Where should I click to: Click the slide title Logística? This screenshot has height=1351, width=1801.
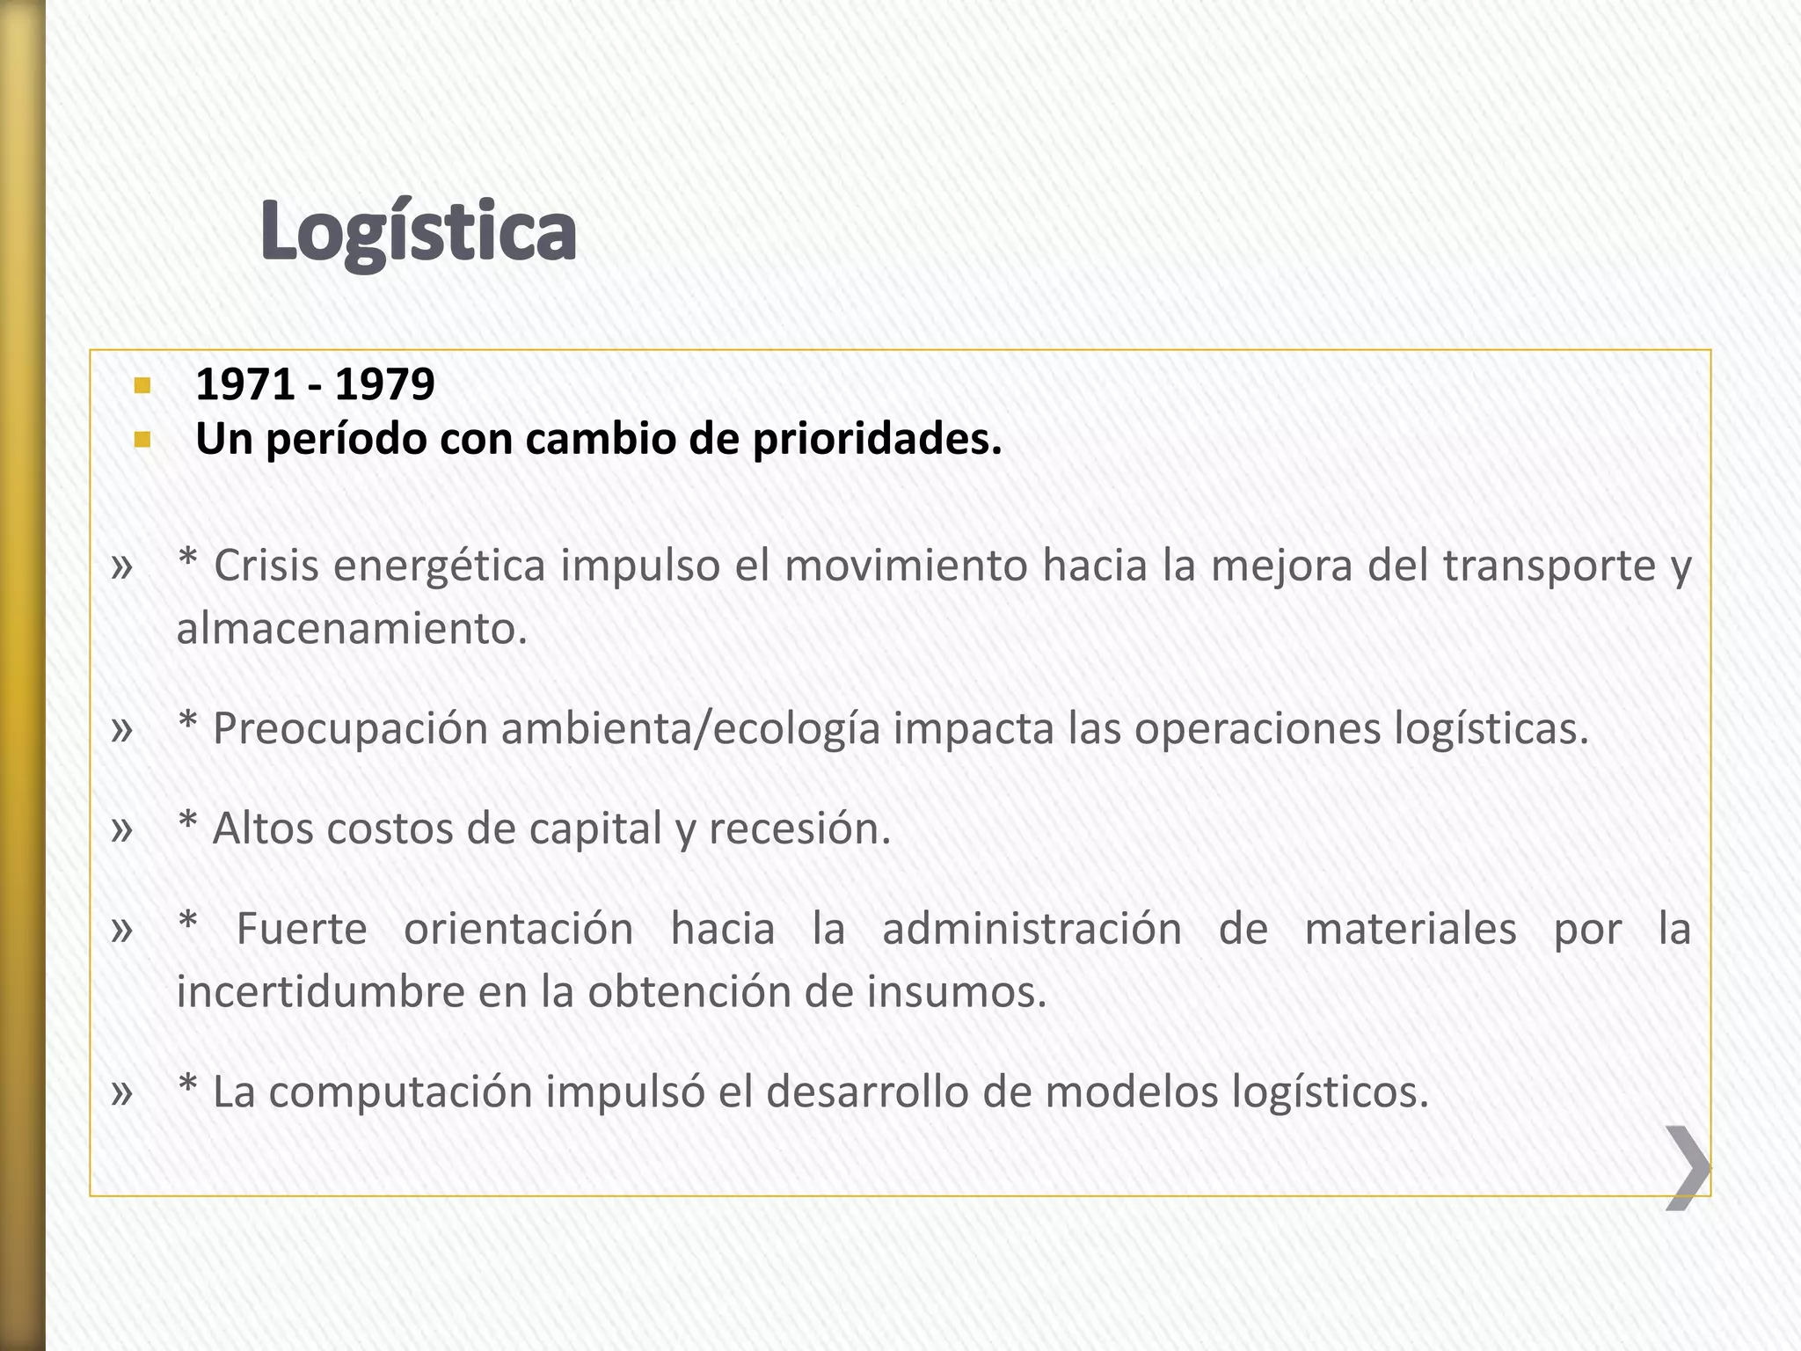click(x=419, y=230)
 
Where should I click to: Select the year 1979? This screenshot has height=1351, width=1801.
click(x=384, y=384)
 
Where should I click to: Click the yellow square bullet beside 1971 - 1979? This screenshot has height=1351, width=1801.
click(x=142, y=385)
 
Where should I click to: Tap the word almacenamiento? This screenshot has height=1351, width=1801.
click(x=352, y=629)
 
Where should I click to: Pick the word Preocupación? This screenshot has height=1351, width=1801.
click(x=350, y=729)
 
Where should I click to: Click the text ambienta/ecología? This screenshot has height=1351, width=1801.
click(x=690, y=729)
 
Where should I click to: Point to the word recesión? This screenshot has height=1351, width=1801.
click(x=799, y=829)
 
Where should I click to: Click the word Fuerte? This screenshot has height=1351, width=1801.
click(x=302, y=929)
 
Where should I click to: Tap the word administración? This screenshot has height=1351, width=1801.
click(x=1032, y=929)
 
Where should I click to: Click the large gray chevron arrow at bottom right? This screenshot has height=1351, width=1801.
click(x=1688, y=1167)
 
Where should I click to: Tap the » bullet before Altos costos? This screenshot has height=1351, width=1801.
click(x=122, y=829)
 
